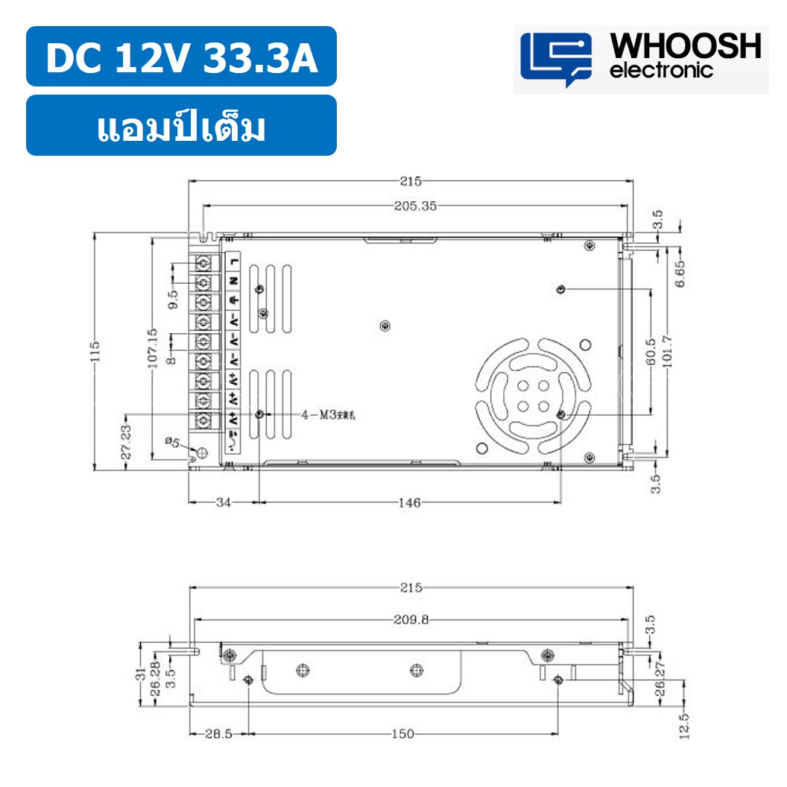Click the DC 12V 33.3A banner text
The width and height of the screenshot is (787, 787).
click(182, 59)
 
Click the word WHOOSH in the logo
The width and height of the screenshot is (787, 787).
click(686, 47)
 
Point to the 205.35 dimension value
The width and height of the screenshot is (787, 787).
click(415, 206)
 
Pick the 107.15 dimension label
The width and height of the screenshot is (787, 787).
click(152, 349)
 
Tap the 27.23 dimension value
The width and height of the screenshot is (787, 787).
click(126, 441)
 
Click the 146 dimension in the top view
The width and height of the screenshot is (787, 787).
click(409, 503)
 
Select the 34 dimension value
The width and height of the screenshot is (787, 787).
click(224, 503)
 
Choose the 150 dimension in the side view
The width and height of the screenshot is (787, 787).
click(402, 734)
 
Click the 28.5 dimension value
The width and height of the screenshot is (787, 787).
click(219, 734)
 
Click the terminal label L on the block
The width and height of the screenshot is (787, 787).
click(234, 261)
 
